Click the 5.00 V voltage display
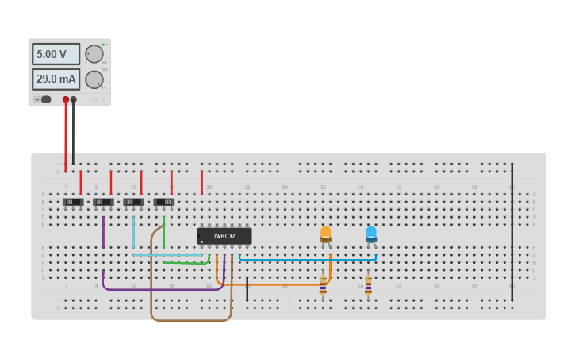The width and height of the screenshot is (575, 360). [x=56, y=54]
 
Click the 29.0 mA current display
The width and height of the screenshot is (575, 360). [x=56, y=79]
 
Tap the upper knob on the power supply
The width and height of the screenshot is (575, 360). [x=94, y=54]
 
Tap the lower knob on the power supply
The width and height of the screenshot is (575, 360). [x=94, y=79]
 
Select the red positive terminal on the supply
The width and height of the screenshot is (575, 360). [x=66, y=100]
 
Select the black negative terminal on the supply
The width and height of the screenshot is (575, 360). [x=74, y=100]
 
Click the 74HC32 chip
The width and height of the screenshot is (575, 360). [x=224, y=236]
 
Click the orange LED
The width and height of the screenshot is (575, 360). [x=325, y=234]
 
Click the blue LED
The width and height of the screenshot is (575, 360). [x=371, y=234]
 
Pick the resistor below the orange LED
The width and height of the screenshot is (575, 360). [x=323, y=285]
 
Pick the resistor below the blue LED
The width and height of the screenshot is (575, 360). [x=368, y=285]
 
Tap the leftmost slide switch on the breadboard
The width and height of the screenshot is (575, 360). [x=73, y=202]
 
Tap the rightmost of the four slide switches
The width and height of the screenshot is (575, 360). [x=163, y=202]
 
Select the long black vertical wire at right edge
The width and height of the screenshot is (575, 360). [x=512, y=230]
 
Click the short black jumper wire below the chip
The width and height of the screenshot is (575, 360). [x=247, y=288]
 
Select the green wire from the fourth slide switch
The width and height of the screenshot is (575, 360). [x=163, y=234]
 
